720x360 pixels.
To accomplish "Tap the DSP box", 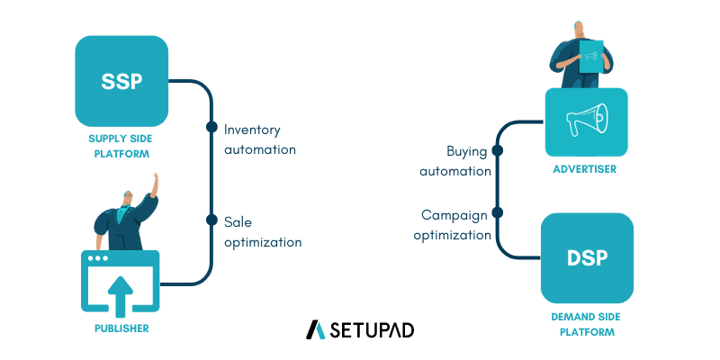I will pyautogui.click(x=587, y=258).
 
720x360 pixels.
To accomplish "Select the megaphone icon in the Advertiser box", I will pyautogui.click(x=586, y=121).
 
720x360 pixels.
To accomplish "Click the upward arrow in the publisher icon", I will pyautogui.click(x=121, y=293).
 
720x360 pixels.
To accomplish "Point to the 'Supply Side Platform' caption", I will pyautogui.click(x=121, y=147).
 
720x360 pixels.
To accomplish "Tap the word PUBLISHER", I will pyautogui.click(x=121, y=328).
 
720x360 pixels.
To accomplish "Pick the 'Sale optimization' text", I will pyautogui.click(x=262, y=232).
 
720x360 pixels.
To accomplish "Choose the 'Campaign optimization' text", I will pyautogui.click(x=453, y=225).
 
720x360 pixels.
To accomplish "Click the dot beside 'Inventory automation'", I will pyautogui.click(x=212, y=127).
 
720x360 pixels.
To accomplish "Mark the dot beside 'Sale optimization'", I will pyautogui.click(x=212, y=220).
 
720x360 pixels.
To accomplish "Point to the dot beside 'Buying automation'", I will pyautogui.click(x=497, y=150).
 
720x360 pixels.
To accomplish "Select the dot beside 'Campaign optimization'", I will pyautogui.click(x=497, y=213).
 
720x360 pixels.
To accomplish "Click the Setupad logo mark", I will pyautogui.click(x=315, y=329).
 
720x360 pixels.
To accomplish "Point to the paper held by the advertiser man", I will pyautogui.click(x=590, y=56).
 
